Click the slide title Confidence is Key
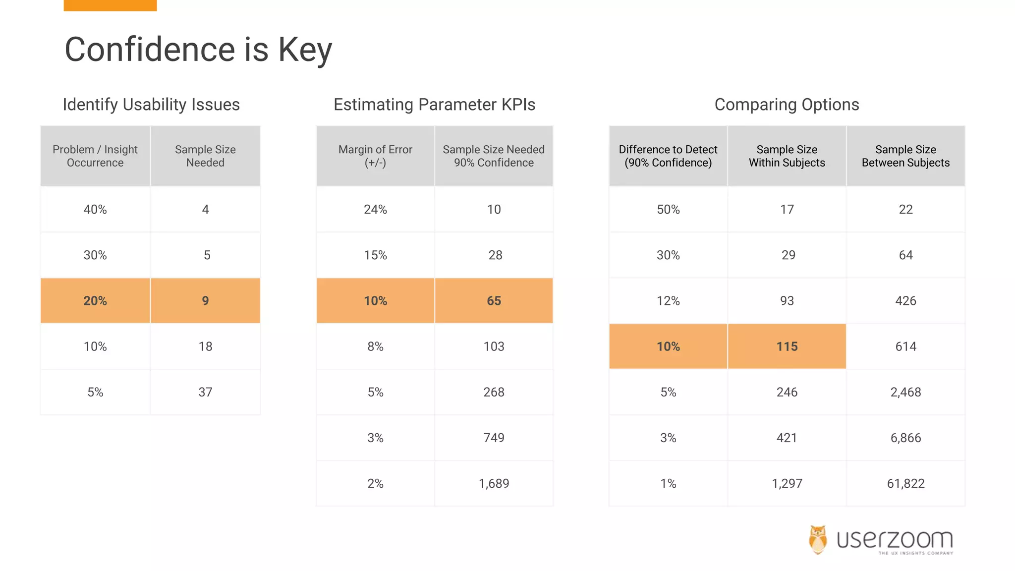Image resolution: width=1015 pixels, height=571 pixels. coord(198,50)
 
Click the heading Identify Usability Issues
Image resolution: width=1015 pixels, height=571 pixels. coord(151,105)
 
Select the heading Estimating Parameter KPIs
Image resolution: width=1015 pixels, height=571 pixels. coord(434,105)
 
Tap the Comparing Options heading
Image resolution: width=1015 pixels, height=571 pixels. coord(787,105)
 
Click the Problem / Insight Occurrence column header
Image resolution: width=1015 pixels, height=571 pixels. coord(95,156)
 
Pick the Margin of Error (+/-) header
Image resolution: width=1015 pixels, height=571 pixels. coord(375,156)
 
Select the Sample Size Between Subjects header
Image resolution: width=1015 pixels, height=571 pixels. coord(905,156)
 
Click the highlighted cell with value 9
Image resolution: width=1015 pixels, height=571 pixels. coord(205,301)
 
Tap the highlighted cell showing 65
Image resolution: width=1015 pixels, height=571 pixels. coord(494,301)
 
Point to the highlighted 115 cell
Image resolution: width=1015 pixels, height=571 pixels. coord(787,346)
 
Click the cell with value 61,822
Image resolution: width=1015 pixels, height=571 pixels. coord(905,483)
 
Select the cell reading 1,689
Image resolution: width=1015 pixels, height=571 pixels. coord(494,483)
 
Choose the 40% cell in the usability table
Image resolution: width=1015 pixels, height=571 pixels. coord(95,209)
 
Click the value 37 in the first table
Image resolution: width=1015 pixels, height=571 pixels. coord(205,392)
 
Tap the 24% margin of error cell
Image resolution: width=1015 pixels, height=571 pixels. coord(375,209)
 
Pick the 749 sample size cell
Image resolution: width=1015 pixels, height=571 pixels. coord(494,438)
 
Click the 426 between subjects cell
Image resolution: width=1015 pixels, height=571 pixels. coord(905,301)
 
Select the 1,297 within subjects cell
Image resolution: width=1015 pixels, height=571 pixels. coord(787,483)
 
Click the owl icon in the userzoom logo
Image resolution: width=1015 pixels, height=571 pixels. coord(818,539)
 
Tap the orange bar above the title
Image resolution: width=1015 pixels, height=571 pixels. coord(110,5)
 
